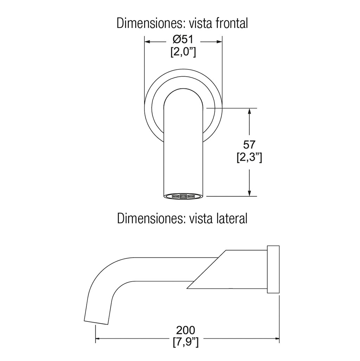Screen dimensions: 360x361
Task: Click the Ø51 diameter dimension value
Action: (x=184, y=40)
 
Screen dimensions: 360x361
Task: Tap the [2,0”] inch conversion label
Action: (x=183, y=52)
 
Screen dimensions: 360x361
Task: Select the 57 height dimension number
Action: (x=249, y=145)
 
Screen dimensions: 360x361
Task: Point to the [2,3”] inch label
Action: (x=249, y=158)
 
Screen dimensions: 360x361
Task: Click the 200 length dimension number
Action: (x=186, y=330)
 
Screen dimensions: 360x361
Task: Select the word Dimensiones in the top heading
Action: (x=152, y=24)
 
